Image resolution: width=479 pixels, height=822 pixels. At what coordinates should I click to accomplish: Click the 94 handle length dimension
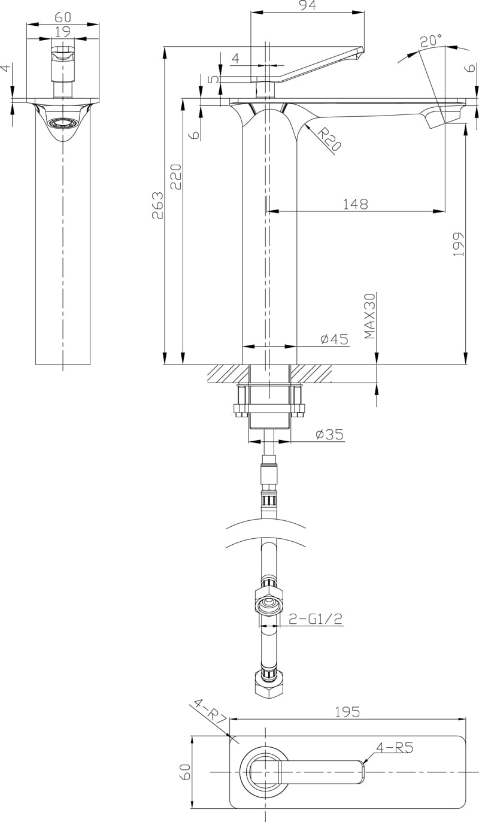307,6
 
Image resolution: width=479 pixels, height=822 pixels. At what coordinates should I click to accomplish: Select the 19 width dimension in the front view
62,31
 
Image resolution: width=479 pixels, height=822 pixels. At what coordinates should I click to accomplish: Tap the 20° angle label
431,41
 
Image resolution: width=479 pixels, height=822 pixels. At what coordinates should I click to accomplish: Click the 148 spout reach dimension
355,204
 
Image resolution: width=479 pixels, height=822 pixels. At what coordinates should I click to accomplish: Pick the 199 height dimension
459,244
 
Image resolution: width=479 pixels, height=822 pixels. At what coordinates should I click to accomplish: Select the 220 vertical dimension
175,177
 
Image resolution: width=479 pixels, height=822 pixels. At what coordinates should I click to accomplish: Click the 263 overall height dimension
157,205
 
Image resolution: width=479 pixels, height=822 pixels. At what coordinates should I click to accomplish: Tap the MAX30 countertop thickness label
370,316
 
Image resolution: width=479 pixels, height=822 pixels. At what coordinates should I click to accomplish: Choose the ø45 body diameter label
334,339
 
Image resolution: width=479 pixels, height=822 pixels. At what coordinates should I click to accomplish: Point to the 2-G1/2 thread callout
316,619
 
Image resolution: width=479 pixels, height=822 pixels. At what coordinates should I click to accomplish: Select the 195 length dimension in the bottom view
347,712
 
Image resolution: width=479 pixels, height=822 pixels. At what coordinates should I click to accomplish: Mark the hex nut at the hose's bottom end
269,683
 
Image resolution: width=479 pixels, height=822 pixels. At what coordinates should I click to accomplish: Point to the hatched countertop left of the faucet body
225,374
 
